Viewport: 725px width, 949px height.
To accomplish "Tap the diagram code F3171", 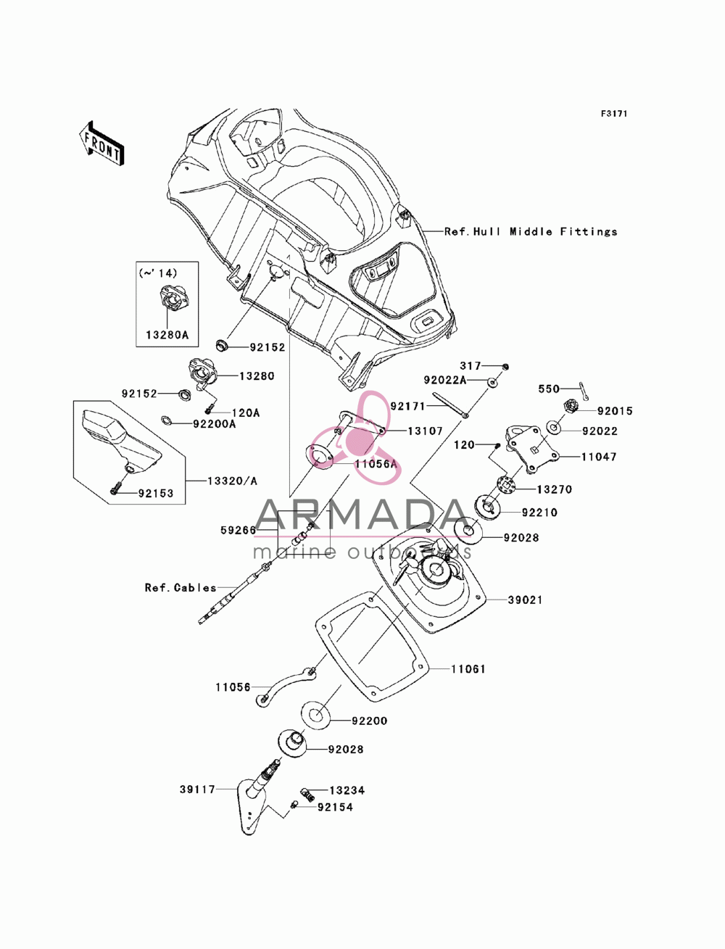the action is (614, 114).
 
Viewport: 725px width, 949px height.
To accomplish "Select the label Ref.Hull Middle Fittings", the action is (531, 232).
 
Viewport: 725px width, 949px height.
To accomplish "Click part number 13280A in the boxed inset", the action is (167, 335).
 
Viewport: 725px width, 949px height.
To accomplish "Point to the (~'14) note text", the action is (158, 273).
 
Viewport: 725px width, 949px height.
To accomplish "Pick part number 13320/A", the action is (232, 481).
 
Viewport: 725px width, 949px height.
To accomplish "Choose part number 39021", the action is (525, 600).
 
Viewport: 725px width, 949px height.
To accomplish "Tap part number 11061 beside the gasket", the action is (468, 669).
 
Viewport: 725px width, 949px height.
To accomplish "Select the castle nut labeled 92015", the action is (570, 406).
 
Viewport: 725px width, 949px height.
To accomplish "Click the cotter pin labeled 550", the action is (584, 391).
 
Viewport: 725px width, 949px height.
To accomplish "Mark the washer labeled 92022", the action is (554, 428).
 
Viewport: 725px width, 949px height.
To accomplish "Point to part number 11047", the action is (599, 457).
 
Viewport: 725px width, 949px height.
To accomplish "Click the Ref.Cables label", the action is (181, 587).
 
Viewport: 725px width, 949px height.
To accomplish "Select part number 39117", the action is (197, 790).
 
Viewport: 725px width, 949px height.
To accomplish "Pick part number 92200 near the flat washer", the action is (370, 721).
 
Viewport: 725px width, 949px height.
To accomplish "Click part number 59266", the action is (239, 530).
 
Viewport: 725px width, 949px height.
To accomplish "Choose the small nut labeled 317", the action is (506, 367).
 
